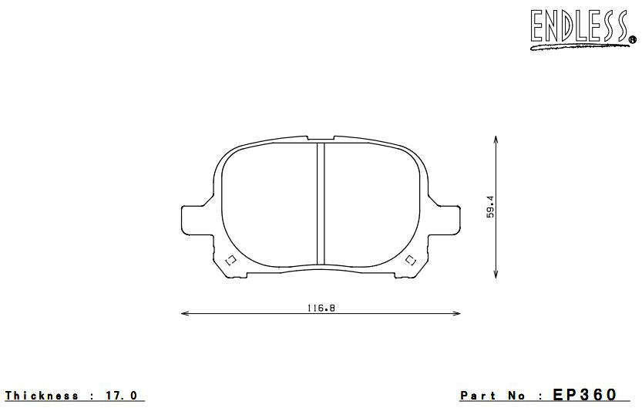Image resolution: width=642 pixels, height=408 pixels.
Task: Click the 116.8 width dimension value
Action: (x=320, y=307)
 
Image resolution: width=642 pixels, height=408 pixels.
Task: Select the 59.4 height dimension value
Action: (x=489, y=207)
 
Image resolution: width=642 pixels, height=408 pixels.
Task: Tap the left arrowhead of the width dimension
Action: (x=183, y=313)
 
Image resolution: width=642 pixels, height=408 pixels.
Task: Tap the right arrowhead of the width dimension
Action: (x=457, y=313)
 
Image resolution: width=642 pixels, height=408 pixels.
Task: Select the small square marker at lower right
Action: (x=410, y=259)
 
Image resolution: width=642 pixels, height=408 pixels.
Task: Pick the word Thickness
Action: (x=42, y=396)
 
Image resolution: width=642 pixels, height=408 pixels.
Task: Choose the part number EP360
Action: (x=585, y=395)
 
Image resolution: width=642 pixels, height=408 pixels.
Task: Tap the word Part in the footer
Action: (x=478, y=396)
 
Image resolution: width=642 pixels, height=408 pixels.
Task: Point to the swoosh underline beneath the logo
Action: (x=578, y=46)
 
